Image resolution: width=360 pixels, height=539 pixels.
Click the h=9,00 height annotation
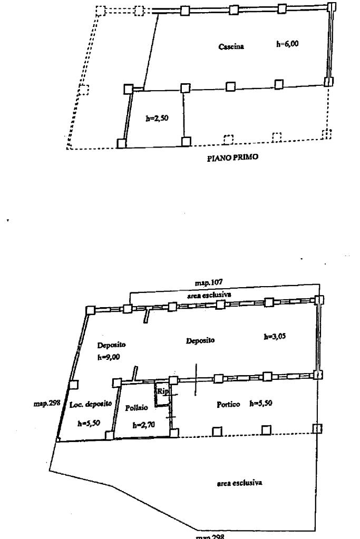(109, 357)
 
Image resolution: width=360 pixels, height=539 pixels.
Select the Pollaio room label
(135, 408)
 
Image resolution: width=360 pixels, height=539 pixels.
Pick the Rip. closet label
(161, 391)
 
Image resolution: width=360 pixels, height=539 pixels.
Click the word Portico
(229, 405)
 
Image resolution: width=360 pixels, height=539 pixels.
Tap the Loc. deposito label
(91, 404)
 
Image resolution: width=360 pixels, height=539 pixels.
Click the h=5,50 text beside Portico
(261, 404)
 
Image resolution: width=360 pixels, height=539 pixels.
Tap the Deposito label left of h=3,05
(200, 341)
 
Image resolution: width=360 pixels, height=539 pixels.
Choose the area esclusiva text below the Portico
(240, 482)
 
